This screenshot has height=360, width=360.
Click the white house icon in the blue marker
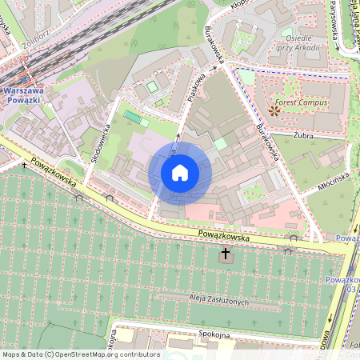tap(180, 173)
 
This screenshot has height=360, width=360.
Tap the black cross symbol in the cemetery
tap(226, 255)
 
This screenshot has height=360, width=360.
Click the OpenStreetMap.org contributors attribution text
tap(80, 354)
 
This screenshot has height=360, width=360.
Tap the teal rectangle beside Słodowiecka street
tap(133, 118)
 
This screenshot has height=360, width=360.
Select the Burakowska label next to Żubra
tap(266, 141)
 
